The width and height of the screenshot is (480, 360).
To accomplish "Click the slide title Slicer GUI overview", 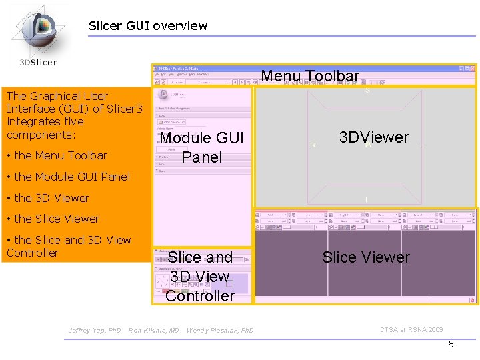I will pyautogui.click(x=148, y=26).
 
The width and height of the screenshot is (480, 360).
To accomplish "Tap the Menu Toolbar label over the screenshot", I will pyautogui.click(x=310, y=76).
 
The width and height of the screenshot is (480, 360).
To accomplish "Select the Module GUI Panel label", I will pyautogui.click(x=201, y=147).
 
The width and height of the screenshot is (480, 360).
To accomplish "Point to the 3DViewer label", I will pyautogui.click(x=373, y=137).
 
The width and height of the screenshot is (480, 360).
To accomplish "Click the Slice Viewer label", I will pyautogui.click(x=366, y=257).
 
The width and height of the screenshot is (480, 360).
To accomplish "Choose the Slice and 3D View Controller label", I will pyautogui.click(x=200, y=276).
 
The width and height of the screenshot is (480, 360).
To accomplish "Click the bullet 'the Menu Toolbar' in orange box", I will pyautogui.click(x=57, y=155).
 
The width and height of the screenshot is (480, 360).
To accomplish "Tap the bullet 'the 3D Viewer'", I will pyautogui.click(x=48, y=198).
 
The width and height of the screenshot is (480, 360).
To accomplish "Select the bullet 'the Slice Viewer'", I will pyautogui.click(x=53, y=219).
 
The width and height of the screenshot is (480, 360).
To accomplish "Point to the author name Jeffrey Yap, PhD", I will pyautogui.click(x=95, y=330).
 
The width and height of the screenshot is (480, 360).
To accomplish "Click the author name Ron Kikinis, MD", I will pyautogui.click(x=154, y=330).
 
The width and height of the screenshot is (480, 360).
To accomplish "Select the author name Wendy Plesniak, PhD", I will pyautogui.click(x=220, y=330).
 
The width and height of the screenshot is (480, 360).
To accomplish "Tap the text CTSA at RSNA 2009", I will pyautogui.click(x=411, y=329).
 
